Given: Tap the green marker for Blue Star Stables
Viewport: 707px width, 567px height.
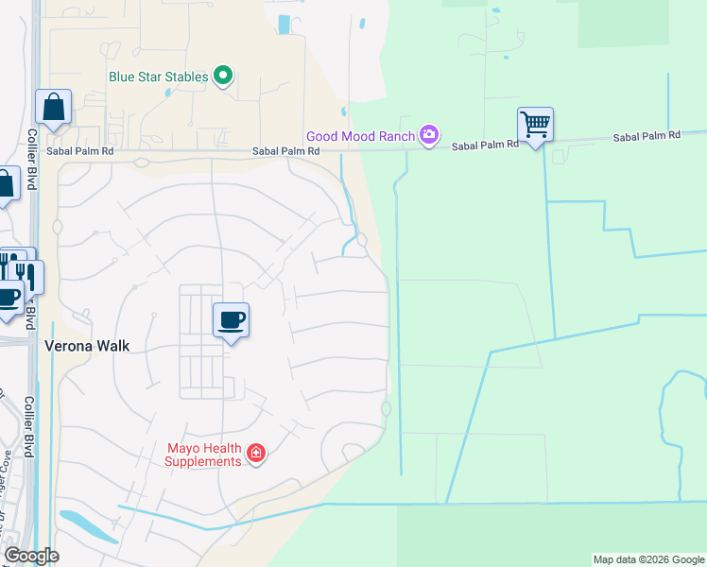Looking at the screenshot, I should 223,75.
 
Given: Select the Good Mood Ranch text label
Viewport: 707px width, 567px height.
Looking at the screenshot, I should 360,136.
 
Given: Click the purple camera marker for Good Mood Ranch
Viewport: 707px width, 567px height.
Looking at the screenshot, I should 429,135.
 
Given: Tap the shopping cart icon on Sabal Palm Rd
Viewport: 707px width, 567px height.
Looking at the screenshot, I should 535,124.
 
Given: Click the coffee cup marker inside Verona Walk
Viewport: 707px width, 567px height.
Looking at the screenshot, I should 231,320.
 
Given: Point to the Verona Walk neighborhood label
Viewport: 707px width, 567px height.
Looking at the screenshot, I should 87,346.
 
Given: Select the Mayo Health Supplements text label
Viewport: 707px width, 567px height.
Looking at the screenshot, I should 203,455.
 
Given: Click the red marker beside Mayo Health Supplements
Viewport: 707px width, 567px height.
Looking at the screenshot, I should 255,455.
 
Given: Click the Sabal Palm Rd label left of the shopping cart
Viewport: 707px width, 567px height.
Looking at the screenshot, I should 485,146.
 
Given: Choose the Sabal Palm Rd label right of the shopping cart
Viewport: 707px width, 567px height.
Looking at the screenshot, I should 647,136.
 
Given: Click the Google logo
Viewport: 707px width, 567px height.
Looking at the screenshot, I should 31,556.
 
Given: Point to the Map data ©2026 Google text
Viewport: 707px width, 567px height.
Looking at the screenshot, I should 647,559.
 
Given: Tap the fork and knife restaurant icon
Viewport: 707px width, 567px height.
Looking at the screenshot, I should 26,276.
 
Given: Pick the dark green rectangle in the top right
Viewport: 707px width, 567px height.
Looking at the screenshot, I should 643,23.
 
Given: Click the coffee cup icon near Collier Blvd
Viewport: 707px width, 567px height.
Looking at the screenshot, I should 8,299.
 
